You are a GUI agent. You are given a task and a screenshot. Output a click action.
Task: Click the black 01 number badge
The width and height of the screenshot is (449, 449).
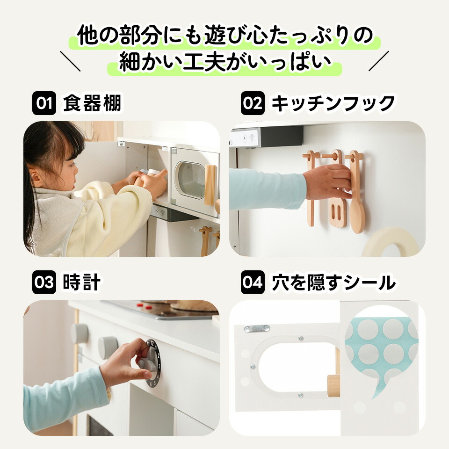44,103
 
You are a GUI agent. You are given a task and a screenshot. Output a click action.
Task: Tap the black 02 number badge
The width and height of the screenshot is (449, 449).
252,103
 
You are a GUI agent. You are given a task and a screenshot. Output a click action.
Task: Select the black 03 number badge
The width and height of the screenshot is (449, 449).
44,282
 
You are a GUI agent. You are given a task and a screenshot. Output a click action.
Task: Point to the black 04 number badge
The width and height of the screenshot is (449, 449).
252,282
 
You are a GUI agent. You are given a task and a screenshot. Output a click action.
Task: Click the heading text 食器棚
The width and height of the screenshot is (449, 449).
92,103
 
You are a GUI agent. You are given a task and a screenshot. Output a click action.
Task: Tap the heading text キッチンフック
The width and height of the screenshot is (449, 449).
333,103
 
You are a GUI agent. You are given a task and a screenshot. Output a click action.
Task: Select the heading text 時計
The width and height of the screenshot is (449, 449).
81,282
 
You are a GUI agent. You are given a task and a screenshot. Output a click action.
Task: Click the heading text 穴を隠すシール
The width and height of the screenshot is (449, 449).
333,282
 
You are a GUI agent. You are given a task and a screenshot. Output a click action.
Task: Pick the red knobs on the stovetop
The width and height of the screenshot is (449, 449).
145,306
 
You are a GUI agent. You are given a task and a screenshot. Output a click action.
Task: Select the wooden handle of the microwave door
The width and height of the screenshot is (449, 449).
210,185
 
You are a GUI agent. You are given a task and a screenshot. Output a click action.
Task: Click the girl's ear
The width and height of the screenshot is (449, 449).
35,178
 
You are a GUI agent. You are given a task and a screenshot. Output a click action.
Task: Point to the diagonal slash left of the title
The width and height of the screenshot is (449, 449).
70,61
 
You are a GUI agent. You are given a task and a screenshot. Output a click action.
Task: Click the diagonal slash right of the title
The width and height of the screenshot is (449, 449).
379,61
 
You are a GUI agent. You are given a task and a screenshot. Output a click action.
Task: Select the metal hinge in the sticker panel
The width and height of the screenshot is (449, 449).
257,328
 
